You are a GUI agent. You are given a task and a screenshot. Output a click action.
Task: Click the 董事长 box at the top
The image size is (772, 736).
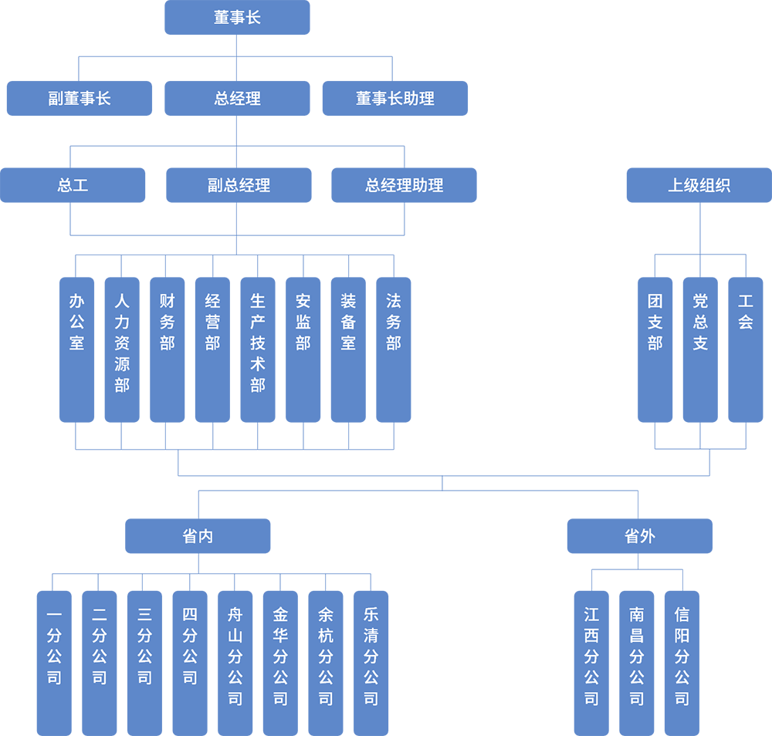pos(237,18)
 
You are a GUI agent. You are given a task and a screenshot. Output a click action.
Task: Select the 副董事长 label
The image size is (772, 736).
pos(80,99)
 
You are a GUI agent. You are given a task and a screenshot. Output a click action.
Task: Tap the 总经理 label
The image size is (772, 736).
pos(237,99)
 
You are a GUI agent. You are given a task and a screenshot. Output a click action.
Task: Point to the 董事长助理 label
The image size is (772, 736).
pos(394,99)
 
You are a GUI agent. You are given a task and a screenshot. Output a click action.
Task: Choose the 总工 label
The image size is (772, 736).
pos(73,186)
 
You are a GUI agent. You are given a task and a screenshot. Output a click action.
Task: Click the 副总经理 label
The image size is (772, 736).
pos(239,186)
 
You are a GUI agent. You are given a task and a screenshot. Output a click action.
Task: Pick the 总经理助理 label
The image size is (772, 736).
pos(404,186)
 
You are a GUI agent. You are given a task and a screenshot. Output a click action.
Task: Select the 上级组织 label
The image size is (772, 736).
pos(699,186)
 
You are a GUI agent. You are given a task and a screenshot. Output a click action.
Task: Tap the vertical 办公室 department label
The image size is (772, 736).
pos(76,322)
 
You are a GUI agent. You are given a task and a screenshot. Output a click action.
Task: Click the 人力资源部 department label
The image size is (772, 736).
pos(122,343)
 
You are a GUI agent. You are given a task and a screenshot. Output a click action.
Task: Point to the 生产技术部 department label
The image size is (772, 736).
pos(258,343)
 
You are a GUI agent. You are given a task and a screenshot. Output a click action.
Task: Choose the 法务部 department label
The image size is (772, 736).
pos(394,322)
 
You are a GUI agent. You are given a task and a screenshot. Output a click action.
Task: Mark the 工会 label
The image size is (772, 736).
pos(745,312)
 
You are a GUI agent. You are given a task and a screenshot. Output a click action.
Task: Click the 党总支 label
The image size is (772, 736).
pos(700,322)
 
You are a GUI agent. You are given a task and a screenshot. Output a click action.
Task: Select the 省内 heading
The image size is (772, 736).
pos(198,536)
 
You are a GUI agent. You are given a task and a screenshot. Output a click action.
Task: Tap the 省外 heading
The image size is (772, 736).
pos(639,536)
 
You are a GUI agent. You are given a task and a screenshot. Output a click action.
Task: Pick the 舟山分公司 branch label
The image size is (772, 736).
pos(235,657)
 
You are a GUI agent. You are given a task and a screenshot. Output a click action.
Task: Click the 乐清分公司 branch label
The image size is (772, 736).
pos(371,657)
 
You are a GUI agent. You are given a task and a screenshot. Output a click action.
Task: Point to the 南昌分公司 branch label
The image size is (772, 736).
pos(637,657)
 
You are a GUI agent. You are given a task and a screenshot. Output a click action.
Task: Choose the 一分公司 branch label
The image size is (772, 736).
pos(54,647)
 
